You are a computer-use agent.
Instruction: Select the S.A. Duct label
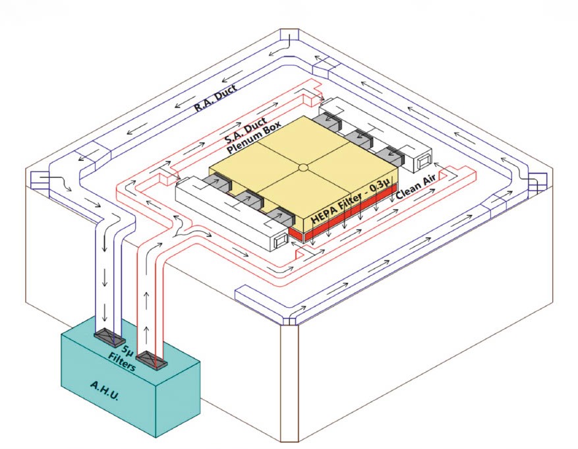coord(245,130)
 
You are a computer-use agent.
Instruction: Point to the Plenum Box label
coord(254,137)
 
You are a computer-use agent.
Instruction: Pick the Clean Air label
coord(416,186)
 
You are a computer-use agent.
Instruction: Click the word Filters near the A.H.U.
coord(122,361)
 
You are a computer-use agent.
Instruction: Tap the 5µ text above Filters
coord(127,350)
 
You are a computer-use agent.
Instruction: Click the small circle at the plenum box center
coord(303,167)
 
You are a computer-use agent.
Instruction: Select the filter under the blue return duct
coord(109,336)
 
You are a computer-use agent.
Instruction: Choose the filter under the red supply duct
coord(152,360)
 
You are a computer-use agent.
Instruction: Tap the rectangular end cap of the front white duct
coord(281,241)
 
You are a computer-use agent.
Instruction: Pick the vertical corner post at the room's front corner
coord(289,383)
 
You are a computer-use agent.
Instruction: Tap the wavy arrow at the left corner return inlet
coord(55,182)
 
